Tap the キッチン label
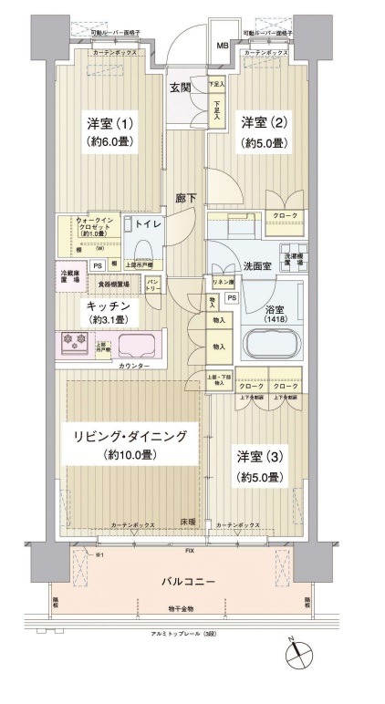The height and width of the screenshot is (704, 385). point(109,307)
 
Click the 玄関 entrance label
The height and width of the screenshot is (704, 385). point(181,88)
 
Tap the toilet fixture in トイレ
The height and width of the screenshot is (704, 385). point(142,250)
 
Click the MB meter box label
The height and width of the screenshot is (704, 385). point(222,45)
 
